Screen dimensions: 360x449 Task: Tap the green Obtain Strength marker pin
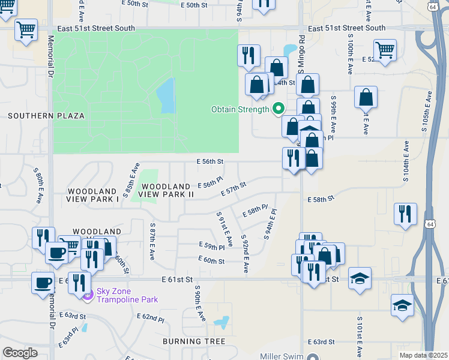point(278,109)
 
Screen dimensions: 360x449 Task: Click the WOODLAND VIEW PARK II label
point(167,190)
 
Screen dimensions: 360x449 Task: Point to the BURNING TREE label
point(194,341)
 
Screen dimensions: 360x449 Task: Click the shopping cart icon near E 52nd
point(385,50)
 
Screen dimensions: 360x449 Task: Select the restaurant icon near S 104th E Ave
point(406,213)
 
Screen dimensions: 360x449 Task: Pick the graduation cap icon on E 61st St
point(360,278)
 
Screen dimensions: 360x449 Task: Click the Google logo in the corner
point(20,353)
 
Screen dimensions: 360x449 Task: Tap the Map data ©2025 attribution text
point(423,355)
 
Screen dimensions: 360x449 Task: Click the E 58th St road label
point(320,197)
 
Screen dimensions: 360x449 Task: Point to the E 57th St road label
point(234,189)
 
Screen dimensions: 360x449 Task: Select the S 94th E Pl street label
point(268,222)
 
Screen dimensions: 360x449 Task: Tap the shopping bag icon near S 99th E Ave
point(366,97)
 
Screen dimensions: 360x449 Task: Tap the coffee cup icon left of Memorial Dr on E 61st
point(43,282)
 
